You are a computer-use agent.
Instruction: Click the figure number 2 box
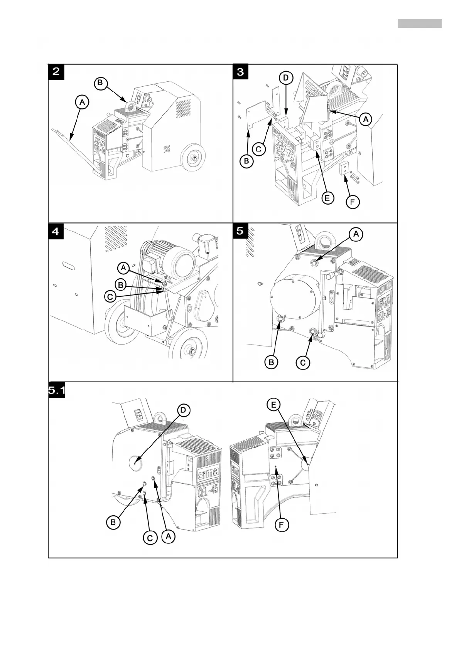coord(56,72)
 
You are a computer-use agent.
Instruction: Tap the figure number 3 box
coord(241,72)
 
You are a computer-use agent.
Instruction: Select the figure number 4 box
coord(56,231)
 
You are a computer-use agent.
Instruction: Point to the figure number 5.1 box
coord(57,391)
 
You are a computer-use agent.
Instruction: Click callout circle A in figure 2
coord(81,102)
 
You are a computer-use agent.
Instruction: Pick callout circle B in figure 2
coord(100,83)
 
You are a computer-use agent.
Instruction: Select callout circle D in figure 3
coord(285,78)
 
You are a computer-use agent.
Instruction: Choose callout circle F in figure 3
coord(353,202)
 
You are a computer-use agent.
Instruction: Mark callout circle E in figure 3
coord(327,198)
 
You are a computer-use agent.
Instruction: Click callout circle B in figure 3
coord(246,161)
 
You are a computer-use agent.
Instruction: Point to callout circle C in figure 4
coord(111,297)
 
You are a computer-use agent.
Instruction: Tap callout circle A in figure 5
coord(356,234)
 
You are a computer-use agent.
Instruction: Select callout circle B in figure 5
coord(272,362)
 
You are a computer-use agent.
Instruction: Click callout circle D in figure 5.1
coord(183,410)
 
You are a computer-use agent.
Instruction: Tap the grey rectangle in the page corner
coord(419,23)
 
